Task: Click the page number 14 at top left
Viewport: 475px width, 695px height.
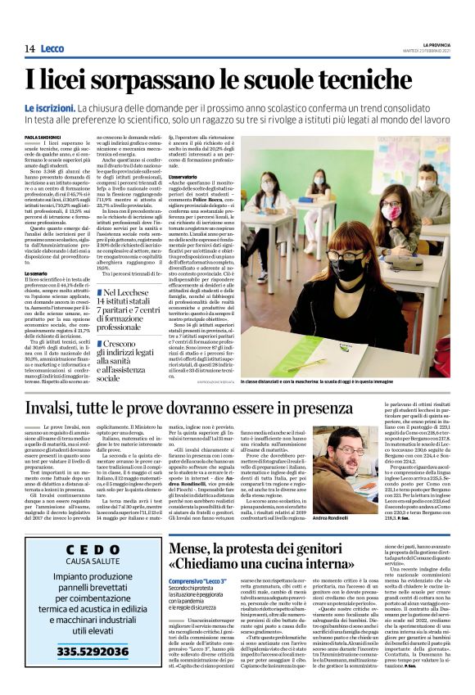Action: pos(29,49)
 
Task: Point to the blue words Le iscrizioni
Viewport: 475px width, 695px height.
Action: pos(49,108)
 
